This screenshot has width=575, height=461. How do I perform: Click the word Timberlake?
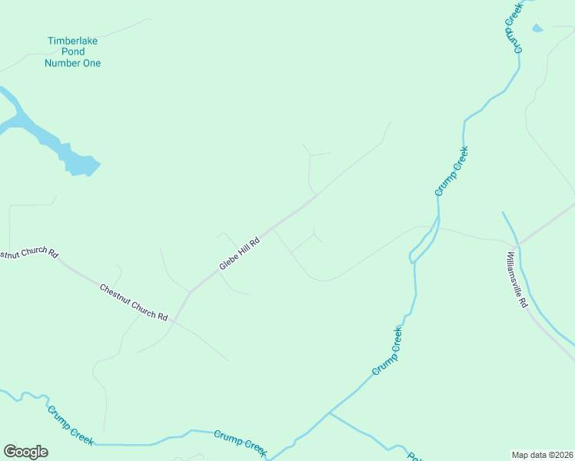pyautogui.click(x=74, y=41)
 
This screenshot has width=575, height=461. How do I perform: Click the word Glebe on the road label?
pyautogui.click(x=228, y=262)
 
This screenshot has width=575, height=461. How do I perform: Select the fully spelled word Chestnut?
pyautogui.click(x=116, y=294)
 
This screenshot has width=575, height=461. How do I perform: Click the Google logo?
pyautogui.click(x=25, y=452)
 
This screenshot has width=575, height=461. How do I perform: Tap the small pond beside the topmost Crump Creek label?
pyautogui.click(x=537, y=28)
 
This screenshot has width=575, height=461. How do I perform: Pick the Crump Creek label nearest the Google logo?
pyautogui.click(x=71, y=425)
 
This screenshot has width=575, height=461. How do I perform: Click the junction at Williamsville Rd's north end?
pyautogui.click(x=518, y=244)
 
